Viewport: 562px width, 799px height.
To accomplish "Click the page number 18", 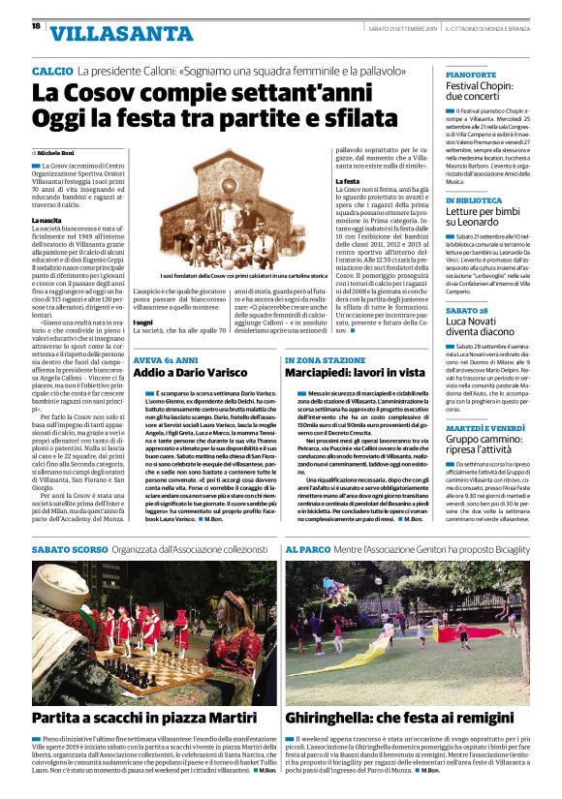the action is pos(35,27).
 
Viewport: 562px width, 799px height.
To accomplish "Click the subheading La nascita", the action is pos(48,220).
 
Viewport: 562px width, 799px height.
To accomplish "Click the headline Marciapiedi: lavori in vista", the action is pos(352,372).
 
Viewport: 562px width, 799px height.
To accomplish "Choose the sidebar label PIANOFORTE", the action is pos(471,74).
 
